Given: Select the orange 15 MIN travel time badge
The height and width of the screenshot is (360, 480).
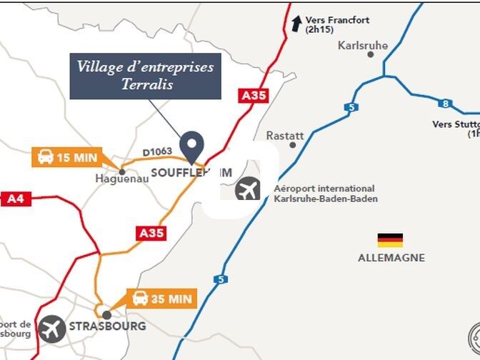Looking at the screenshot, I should (67, 157).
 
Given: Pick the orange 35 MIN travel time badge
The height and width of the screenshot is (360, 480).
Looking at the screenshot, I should (161, 299).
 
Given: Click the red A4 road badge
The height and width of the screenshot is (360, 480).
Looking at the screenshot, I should (15, 199).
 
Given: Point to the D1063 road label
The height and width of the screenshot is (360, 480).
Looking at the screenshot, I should (157, 152).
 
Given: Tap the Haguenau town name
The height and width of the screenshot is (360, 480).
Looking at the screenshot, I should (122, 179).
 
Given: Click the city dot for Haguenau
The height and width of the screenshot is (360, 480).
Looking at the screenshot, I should (122, 171).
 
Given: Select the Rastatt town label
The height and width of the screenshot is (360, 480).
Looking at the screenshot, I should (285, 135).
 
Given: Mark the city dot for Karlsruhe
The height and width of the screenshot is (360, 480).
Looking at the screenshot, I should (371, 54).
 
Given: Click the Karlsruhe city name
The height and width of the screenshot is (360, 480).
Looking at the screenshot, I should (362, 45).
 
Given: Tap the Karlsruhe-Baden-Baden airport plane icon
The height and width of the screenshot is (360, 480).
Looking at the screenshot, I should (248, 191).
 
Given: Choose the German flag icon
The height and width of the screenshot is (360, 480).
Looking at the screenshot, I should (390, 240).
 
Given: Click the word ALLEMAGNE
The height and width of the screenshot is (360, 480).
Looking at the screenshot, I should (391, 258).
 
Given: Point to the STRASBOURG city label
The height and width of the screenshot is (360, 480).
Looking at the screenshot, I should (107, 326).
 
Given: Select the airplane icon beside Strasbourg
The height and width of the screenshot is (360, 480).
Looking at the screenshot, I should (52, 329).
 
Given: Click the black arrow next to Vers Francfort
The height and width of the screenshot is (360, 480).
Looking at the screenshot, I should (296, 24).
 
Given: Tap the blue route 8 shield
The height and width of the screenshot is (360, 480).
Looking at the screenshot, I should (445, 104).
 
